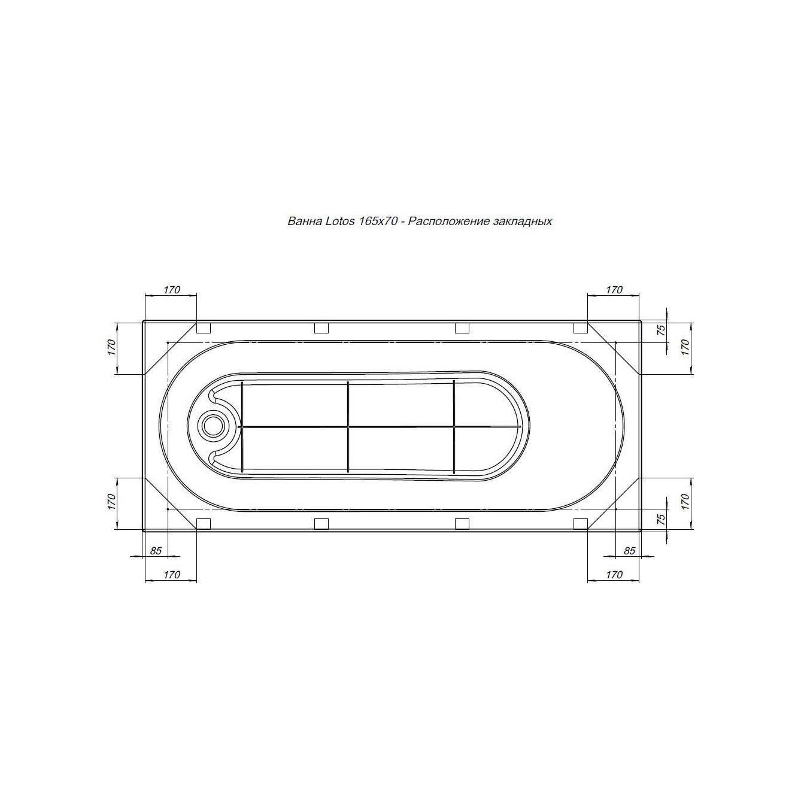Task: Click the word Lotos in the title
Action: (x=340, y=221)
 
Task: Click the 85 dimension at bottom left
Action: (x=156, y=550)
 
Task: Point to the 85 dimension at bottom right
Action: (x=629, y=550)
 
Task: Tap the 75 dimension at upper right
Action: (x=662, y=330)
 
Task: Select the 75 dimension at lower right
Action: (x=662, y=518)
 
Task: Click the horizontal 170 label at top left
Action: (x=172, y=290)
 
